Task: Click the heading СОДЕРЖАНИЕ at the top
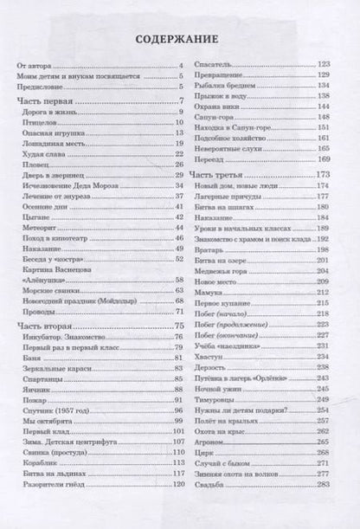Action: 180,39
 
